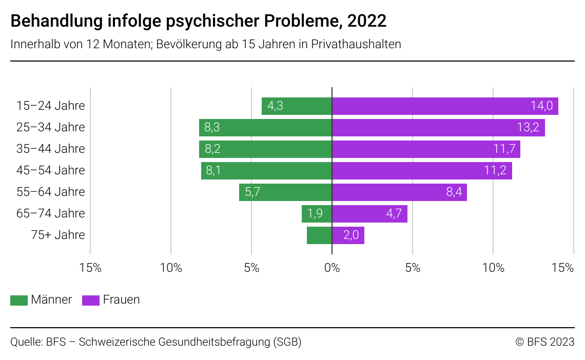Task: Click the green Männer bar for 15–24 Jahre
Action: point(297,106)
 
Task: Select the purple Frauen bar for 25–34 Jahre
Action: point(438,128)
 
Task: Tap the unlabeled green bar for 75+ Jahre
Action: point(319,235)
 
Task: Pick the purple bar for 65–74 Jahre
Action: point(369,214)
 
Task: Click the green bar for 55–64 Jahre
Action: point(285,192)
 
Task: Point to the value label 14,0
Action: point(541,106)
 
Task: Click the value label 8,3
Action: point(212,128)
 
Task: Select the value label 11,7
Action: point(503,149)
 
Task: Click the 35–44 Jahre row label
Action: point(50,149)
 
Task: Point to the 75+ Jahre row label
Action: point(57,235)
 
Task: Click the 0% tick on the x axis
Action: point(332,268)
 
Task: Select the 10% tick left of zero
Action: point(171,268)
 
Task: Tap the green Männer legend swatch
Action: point(19,300)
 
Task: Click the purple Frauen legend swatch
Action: point(91,300)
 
